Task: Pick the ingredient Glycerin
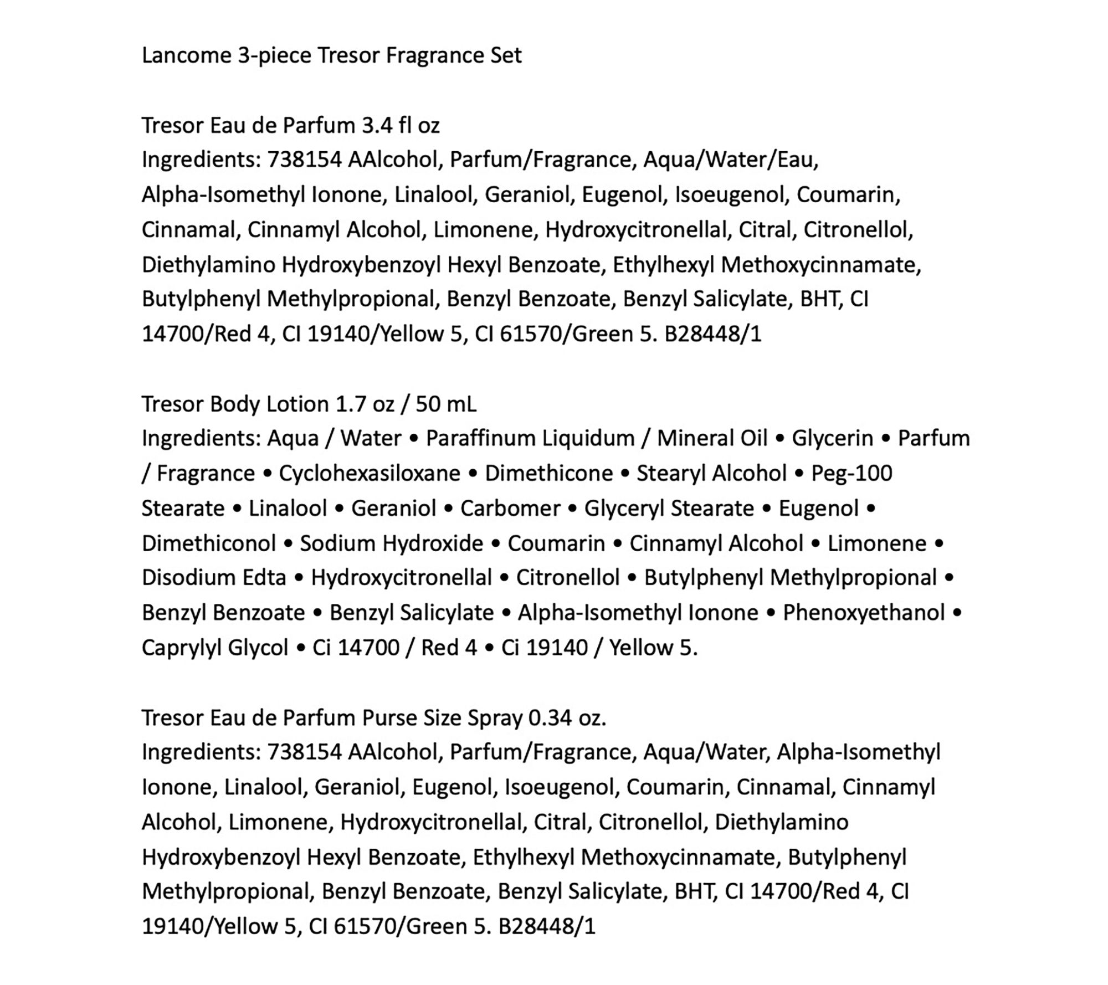point(832,438)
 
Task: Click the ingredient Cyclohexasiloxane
point(370,473)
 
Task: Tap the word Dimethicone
point(548,473)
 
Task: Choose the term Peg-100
point(851,473)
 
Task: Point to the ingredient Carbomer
point(510,508)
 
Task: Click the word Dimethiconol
point(209,543)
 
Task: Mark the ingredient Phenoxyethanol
point(864,612)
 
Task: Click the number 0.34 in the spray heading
point(550,718)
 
